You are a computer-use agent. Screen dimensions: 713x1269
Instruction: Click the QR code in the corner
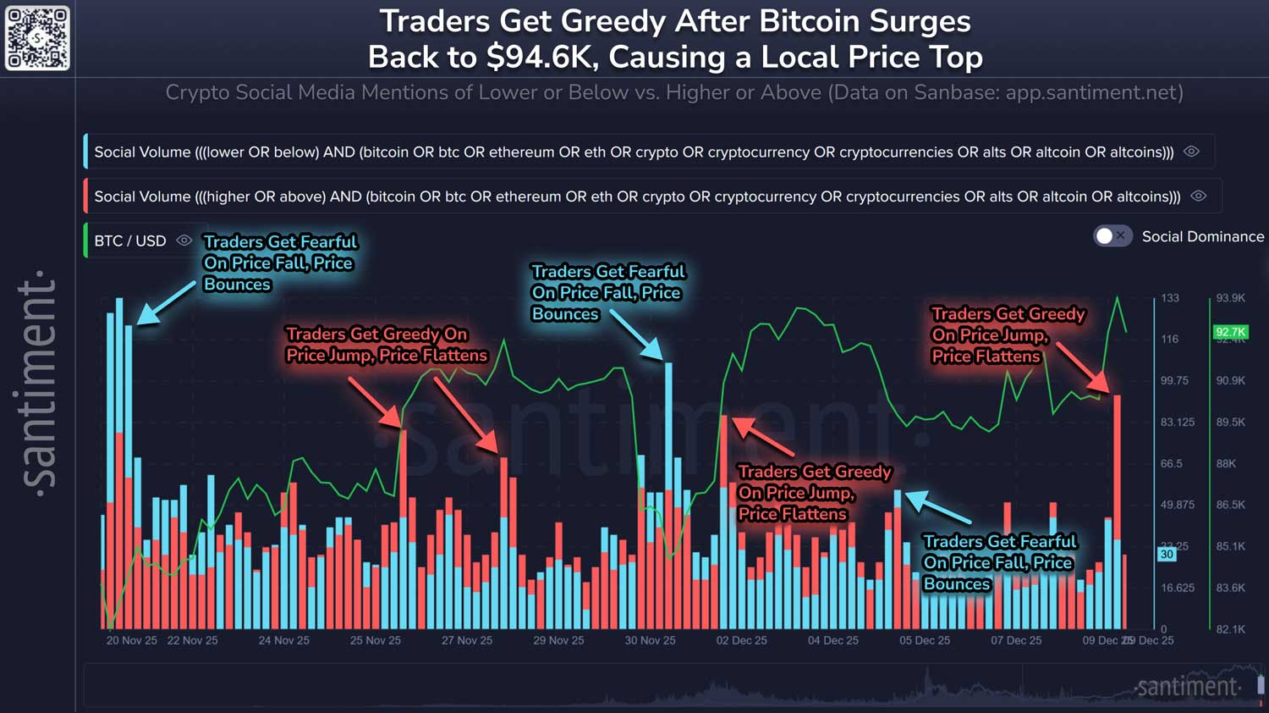[x=37, y=38]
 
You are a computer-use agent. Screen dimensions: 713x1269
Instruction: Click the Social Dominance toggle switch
[x=1112, y=236]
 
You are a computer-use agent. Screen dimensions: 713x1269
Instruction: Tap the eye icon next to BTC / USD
[x=184, y=240]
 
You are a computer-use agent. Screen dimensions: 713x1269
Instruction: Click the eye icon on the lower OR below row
[x=1191, y=152]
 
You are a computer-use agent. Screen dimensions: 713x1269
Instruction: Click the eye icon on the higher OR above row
[x=1198, y=196]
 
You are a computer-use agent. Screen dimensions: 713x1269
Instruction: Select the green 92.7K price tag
[x=1230, y=332]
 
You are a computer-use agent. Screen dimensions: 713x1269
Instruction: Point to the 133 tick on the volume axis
[x=1170, y=298]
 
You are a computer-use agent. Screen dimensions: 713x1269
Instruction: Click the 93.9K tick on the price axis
[x=1230, y=298]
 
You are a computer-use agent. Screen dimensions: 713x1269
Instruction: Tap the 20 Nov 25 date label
[x=131, y=640]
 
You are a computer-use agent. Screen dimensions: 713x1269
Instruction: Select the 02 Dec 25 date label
[x=741, y=640]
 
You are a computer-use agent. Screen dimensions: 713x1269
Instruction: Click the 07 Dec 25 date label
[x=1016, y=640]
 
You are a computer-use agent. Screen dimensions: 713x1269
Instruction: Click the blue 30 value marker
[x=1167, y=554]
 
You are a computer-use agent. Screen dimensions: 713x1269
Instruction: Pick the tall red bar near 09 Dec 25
[x=1118, y=508]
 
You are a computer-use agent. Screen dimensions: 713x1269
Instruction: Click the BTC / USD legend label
[x=130, y=240]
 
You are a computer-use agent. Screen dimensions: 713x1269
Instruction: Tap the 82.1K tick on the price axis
[x=1230, y=629]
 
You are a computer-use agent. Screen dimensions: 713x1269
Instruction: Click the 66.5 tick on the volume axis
[x=1171, y=463]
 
